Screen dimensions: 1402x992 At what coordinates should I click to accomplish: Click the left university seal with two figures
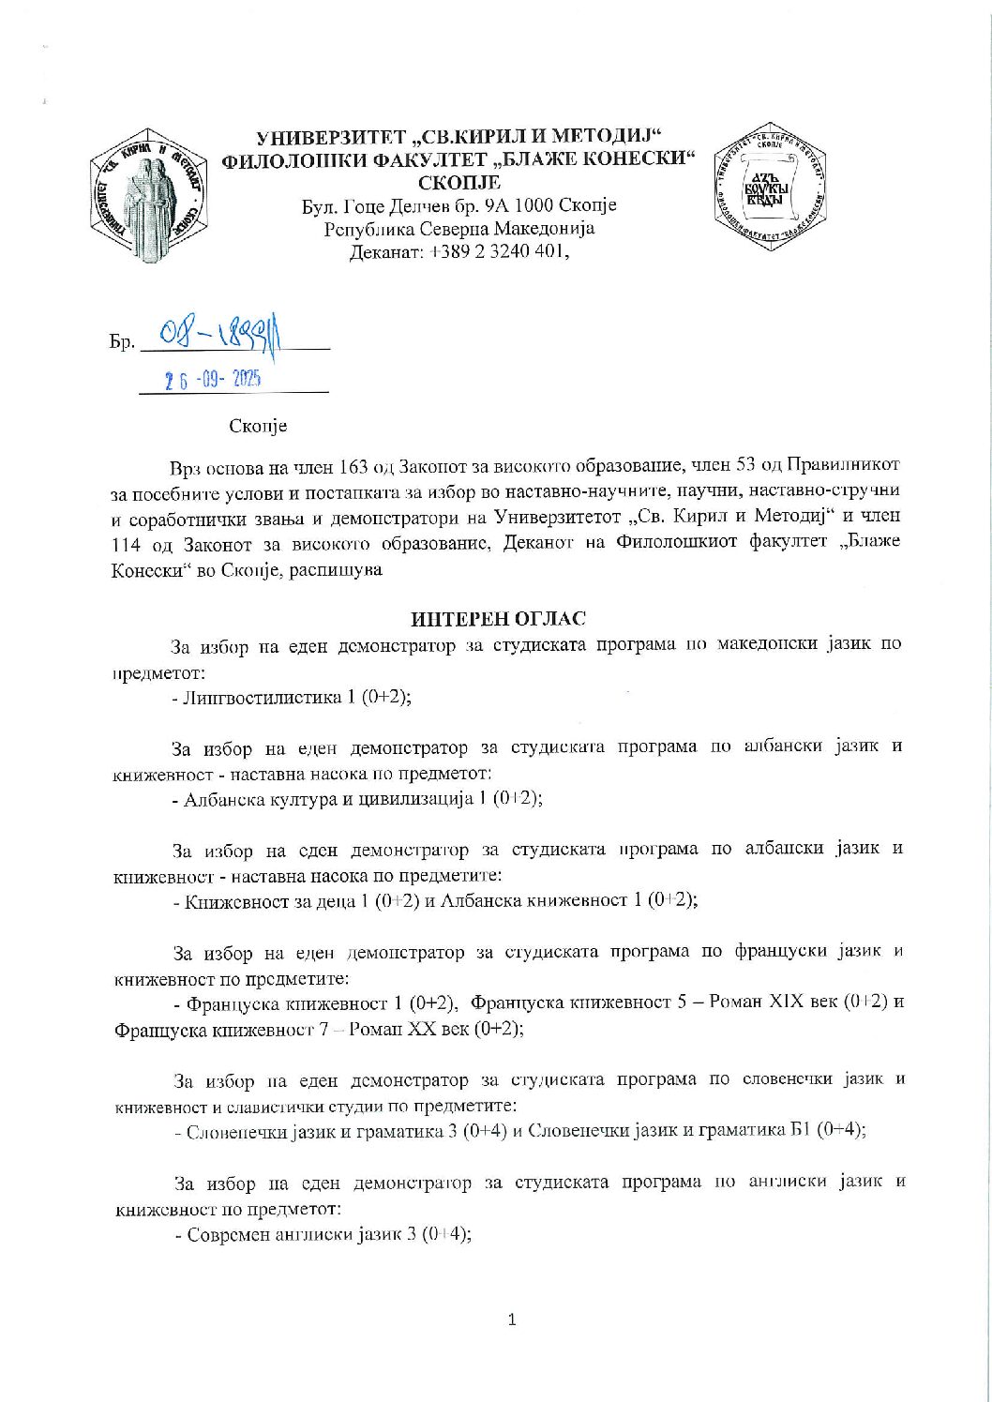(x=149, y=195)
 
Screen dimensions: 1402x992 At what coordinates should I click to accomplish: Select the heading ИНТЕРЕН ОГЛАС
(x=497, y=619)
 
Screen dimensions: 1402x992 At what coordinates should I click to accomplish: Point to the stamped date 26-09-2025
(x=213, y=380)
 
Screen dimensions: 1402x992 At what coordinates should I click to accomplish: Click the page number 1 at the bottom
(x=511, y=1320)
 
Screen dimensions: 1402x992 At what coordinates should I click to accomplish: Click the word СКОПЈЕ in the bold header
(x=459, y=182)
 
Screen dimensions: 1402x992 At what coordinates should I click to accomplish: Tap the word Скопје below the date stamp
(x=258, y=426)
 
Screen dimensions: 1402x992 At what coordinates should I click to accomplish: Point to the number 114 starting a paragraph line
(x=128, y=543)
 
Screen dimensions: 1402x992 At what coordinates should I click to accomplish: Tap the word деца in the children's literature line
(x=326, y=901)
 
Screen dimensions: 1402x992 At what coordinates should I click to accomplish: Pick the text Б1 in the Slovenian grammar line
(x=798, y=1131)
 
